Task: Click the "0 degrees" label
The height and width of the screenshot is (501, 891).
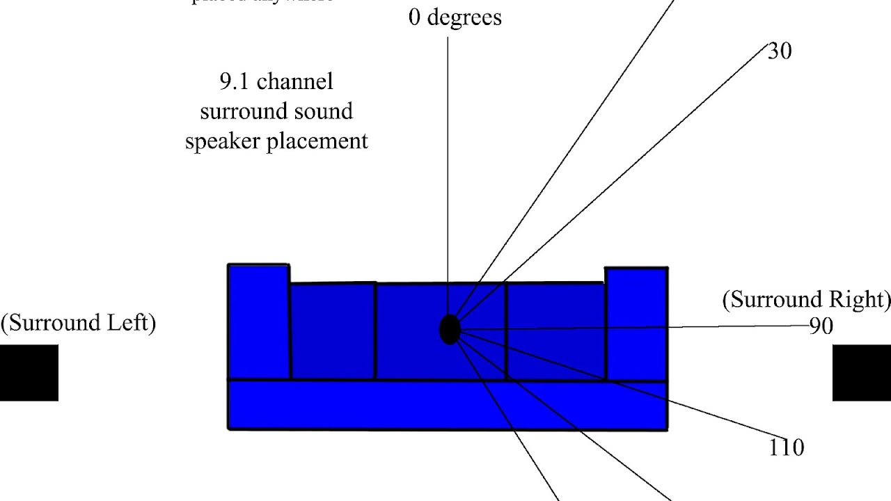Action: tap(455, 17)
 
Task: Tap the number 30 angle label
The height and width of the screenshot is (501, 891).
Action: tap(779, 51)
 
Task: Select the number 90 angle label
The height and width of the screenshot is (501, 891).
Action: tap(821, 326)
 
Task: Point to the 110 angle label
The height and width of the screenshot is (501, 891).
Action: tap(786, 447)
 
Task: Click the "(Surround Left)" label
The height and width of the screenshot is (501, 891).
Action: tap(78, 323)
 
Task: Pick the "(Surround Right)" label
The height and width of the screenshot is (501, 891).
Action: tap(806, 299)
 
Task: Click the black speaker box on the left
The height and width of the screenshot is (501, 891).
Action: tap(29, 373)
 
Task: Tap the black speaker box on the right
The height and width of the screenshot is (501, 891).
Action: tap(862, 373)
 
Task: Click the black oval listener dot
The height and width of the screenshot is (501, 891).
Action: tap(450, 329)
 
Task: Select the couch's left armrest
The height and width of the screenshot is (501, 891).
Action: tap(259, 321)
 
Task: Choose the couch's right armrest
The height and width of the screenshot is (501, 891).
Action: tap(636, 324)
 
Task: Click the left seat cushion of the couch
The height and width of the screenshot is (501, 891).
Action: tap(333, 331)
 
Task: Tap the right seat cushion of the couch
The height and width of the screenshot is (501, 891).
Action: tap(555, 331)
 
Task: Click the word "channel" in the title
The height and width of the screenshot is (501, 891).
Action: tap(294, 81)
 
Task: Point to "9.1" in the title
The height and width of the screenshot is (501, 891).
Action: tap(235, 81)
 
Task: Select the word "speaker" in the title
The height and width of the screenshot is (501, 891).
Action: tap(220, 141)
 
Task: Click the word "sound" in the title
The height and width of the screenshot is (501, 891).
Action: tap(322, 111)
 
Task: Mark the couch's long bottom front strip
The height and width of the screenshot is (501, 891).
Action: tap(448, 405)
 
